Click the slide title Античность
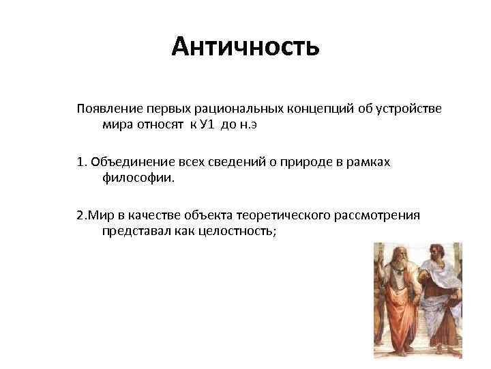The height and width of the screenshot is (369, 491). pos(245,47)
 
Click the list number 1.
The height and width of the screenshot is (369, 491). pos(80,161)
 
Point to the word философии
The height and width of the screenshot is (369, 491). pos(138,178)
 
